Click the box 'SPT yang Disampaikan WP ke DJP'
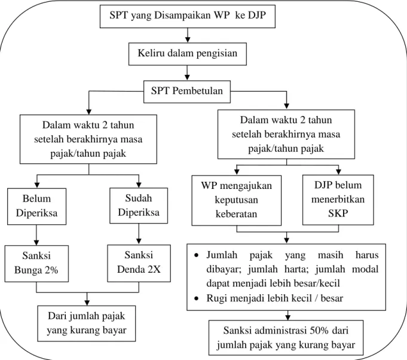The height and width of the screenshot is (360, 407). click(188, 16)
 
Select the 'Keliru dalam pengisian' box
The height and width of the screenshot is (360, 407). click(188, 54)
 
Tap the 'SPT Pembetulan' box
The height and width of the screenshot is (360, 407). click(187, 91)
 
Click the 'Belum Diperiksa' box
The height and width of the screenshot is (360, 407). click(36, 206)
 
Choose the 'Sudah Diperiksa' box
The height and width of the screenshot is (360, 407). click(139, 206)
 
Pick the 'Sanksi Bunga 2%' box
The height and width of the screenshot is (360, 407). click(36, 264)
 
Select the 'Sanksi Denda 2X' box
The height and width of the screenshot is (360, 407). click(139, 263)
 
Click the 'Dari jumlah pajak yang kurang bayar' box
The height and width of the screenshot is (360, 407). click(87, 324)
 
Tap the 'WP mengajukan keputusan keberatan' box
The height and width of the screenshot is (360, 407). click(237, 200)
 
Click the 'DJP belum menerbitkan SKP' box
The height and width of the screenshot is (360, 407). click(338, 200)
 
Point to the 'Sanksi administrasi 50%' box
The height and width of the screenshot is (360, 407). click(286, 338)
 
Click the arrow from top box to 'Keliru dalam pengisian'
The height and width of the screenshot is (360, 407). click(188, 35)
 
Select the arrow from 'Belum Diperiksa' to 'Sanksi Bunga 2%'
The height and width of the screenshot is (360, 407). click(36, 235)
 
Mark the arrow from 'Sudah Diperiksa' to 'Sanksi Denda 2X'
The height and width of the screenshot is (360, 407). click(139, 234)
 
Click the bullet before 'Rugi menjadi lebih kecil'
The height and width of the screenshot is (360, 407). click(197, 298)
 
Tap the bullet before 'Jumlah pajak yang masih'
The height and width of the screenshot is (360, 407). click(197, 255)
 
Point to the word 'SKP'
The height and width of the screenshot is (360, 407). click(338, 213)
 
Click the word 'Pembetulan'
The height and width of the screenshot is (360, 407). click(198, 91)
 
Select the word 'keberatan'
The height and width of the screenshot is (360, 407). click(236, 213)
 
